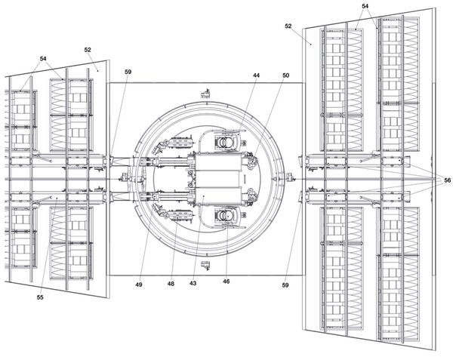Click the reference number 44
click(256, 75)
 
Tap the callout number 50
click(285, 75)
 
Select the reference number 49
click(139, 285)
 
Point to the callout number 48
click(171, 284)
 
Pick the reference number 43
click(193, 283)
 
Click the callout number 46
click(226, 281)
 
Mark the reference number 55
click(40, 297)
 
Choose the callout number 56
click(447, 180)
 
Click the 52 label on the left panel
click(88, 50)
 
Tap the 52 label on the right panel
click(288, 26)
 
